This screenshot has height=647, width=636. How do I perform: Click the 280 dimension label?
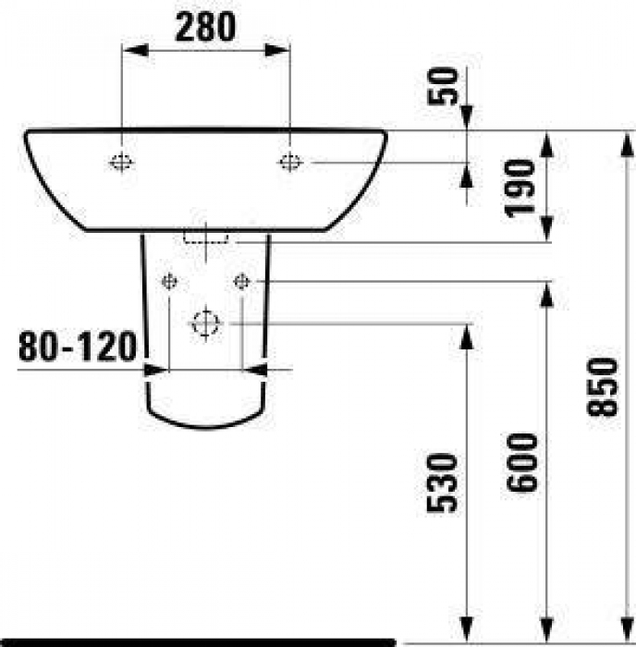coord(205,27)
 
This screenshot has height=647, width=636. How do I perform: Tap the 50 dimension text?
coord(444,86)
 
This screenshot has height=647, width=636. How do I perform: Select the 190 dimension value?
coord(520,189)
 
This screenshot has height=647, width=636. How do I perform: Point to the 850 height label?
coord(602,386)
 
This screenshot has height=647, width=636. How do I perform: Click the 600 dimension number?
coord(522,462)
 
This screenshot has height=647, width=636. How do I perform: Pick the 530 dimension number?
coord(442,482)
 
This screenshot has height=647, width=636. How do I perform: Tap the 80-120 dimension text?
coord(77,346)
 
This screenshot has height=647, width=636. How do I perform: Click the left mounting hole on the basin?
coord(121,162)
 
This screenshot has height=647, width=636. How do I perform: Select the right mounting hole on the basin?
coord(290,162)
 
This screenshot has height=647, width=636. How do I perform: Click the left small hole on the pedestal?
coord(169,282)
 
